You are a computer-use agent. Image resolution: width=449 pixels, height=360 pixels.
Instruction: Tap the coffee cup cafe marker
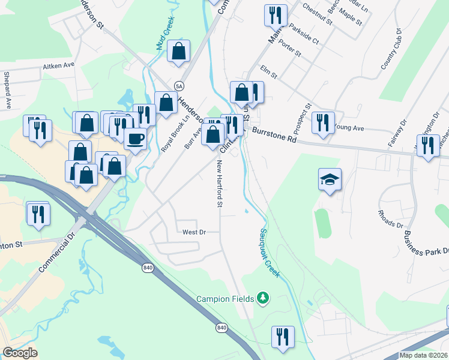pyautogui.click(x=134, y=139)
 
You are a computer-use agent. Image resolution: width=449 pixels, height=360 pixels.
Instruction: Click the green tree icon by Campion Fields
pyautogui.click(x=262, y=298)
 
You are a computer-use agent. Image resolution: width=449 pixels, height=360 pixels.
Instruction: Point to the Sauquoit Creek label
pyautogui.click(x=270, y=252)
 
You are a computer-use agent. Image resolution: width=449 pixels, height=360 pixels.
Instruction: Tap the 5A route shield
pyautogui.click(x=179, y=86)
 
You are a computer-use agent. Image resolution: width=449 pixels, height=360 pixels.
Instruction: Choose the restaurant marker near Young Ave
pyautogui.click(x=324, y=123)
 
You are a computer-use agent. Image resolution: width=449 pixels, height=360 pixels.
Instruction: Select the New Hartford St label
pyautogui.click(x=220, y=185)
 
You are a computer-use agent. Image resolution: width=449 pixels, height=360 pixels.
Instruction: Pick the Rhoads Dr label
pyautogui.click(x=390, y=220)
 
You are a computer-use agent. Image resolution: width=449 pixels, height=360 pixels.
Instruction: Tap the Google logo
pyautogui.click(x=19, y=353)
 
